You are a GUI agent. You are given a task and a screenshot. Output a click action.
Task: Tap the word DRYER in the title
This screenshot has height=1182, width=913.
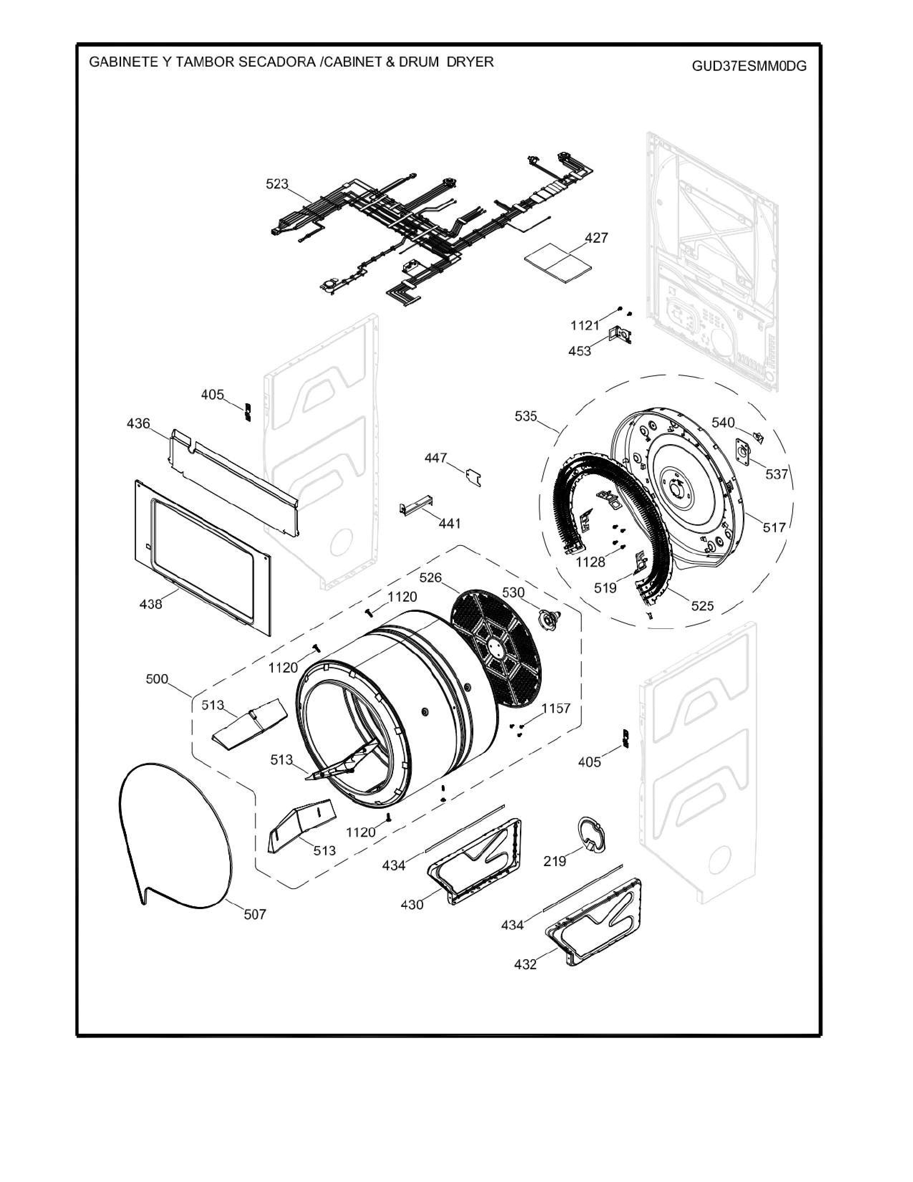click(470, 62)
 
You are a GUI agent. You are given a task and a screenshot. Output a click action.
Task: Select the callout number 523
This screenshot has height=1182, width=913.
click(277, 184)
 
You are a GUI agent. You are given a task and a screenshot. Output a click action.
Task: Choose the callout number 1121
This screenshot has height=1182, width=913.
click(585, 325)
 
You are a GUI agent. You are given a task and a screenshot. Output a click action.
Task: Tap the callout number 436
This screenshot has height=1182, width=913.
click(139, 423)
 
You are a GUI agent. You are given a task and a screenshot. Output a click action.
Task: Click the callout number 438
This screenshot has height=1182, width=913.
click(151, 604)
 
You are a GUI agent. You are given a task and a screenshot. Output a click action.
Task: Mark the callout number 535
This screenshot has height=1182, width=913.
click(526, 416)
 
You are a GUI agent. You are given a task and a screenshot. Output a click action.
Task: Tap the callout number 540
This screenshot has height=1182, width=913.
click(723, 423)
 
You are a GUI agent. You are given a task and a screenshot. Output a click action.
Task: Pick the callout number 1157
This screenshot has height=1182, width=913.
click(556, 708)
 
